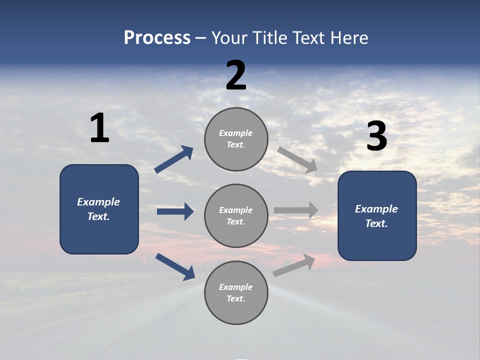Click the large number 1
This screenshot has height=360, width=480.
point(99,128)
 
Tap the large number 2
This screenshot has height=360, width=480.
point(236,75)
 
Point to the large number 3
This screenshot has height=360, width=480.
point(376,136)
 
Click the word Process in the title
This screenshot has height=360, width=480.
point(157,37)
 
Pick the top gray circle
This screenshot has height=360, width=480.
point(236,139)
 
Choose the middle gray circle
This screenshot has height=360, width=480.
point(236,216)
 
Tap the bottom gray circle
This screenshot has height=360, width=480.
point(236,293)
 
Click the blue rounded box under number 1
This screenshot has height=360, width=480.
point(99,209)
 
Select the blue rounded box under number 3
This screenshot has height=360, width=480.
point(377,215)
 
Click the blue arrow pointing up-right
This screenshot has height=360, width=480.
point(174,159)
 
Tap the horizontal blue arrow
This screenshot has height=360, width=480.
point(175,211)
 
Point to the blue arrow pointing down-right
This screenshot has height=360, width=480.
point(175,266)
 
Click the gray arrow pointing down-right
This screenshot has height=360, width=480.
point(297,159)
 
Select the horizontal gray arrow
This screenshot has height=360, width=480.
point(296,210)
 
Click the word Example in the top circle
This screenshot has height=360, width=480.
point(236,133)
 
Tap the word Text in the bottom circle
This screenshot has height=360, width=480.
point(235,299)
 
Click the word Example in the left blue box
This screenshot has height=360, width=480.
point(98,202)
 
